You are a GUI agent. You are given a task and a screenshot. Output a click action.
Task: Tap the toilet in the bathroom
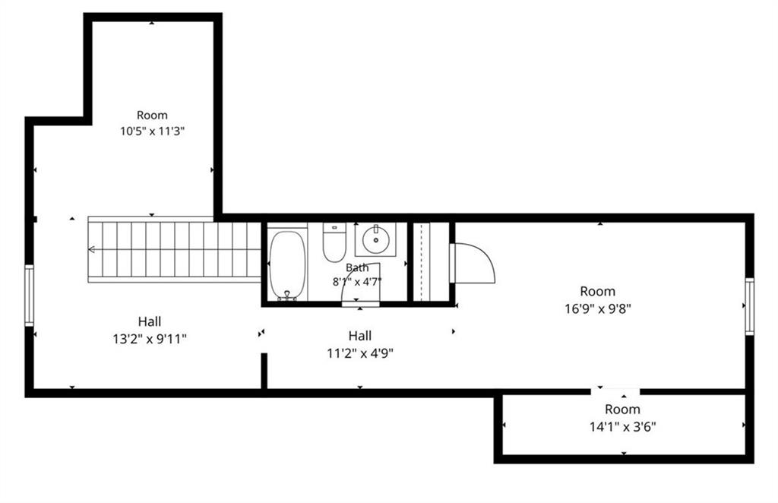point(334,242)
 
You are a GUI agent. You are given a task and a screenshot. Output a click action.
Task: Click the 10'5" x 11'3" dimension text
point(152,131)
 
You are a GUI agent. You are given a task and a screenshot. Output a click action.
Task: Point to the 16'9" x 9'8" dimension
point(598,308)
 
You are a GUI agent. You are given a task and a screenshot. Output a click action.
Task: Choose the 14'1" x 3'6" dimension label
point(623,426)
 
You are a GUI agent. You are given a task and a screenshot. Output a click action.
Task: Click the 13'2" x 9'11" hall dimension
point(150,340)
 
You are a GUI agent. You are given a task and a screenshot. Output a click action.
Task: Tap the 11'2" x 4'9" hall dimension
point(360,353)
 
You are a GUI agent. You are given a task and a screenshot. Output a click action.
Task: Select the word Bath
point(357,267)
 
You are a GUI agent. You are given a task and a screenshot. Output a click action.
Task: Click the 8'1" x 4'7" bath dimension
point(357,282)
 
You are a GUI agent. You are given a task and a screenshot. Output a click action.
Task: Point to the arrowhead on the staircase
point(91,249)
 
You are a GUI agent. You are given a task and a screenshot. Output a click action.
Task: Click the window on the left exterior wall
point(30,296)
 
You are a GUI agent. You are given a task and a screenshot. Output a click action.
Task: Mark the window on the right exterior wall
point(749,306)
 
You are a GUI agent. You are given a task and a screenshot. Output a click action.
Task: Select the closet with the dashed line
point(432,262)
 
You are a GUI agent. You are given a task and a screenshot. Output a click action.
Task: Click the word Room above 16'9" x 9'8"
point(598,291)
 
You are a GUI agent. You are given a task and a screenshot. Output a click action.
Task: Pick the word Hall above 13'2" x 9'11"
point(150,321)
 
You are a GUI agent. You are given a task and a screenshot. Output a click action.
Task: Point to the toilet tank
point(334,228)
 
